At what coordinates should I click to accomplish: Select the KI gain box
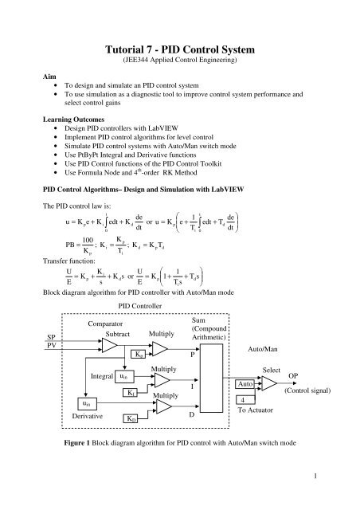tap(131, 393)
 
